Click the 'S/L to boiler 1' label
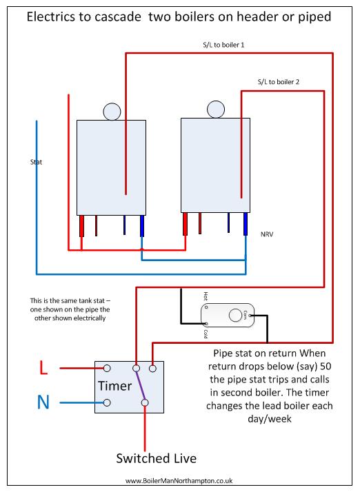click(x=223, y=45)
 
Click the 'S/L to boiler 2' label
click(x=279, y=82)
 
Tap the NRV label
click(x=267, y=234)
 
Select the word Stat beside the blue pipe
click(x=36, y=162)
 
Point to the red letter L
click(x=43, y=368)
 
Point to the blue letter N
click(x=43, y=402)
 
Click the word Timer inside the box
click(x=114, y=386)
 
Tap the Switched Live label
click(x=156, y=458)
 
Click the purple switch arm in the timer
click(x=140, y=385)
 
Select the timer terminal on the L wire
click(x=107, y=368)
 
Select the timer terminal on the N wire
click(x=107, y=402)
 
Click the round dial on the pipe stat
click(x=235, y=316)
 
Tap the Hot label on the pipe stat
click(x=206, y=296)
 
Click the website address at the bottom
click(x=179, y=481)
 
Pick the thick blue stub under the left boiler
click(x=142, y=226)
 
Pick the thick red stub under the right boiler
click(x=185, y=224)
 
